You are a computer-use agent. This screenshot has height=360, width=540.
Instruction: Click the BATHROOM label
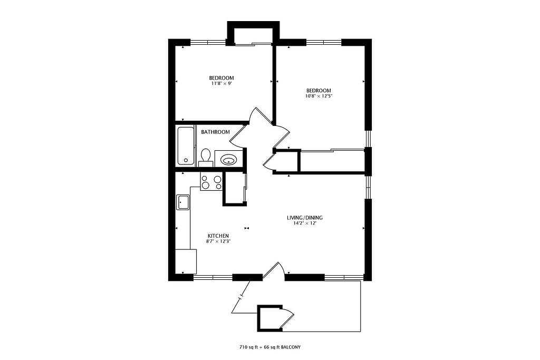215,132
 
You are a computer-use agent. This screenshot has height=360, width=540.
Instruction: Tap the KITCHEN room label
218,236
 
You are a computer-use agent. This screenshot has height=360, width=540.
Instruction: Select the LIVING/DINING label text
305,218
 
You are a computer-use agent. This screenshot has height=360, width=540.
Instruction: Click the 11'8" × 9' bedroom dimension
221,83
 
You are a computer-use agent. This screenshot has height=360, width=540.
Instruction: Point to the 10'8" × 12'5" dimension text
319,96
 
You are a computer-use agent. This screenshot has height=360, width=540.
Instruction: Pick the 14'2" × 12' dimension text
305,223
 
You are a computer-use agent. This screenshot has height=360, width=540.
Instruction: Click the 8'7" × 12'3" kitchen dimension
218,241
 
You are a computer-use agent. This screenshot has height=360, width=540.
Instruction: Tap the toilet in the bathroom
206,158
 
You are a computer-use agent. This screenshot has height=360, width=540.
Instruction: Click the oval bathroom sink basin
228,160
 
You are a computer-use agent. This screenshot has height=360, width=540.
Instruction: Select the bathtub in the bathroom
185,146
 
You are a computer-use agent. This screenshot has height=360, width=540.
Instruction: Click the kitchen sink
182,202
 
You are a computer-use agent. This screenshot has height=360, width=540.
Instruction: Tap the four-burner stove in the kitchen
211,182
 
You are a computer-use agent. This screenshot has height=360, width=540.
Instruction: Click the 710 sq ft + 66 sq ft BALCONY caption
270,347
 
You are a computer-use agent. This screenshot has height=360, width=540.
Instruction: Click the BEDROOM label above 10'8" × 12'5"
319,91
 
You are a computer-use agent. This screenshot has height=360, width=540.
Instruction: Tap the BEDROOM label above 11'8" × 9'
221,78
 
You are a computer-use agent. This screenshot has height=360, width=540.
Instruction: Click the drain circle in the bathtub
186,160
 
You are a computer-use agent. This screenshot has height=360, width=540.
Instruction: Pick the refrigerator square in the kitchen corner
186,261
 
